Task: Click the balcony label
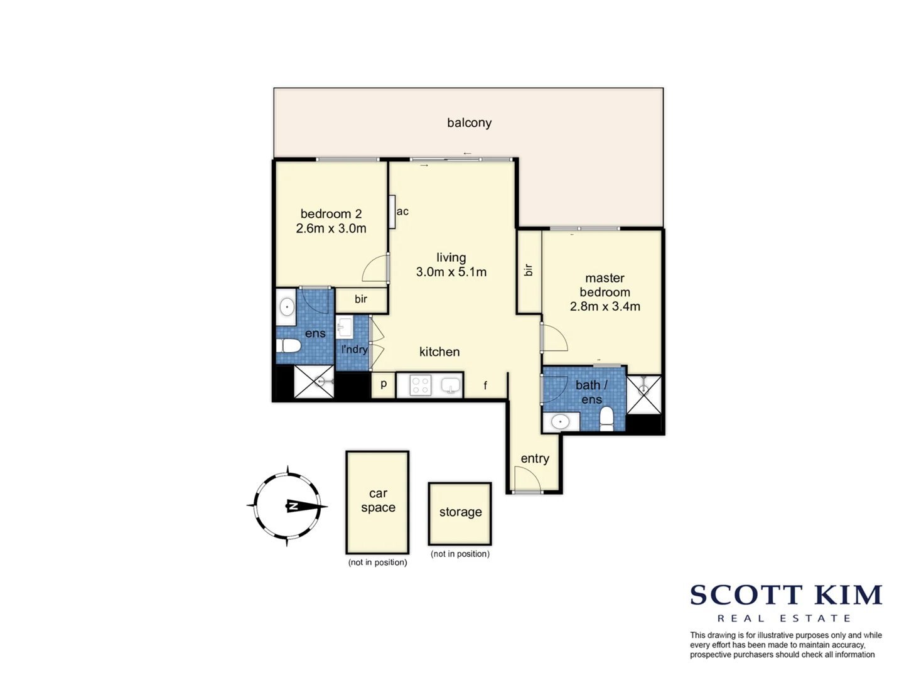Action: pyautogui.click(x=469, y=123)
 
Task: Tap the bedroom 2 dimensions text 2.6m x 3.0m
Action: pyautogui.click(x=331, y=229)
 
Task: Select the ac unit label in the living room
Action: pyautogui.click(x=402, y=212)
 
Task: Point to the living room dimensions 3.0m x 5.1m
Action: pyautogui.click(x=451, y=272)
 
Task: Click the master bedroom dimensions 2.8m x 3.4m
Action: pyautogui.click(x=605, y=306)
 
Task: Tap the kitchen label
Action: pyautogui.click(x=439, y=352)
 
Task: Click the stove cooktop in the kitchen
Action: pyautogui.click(x=420, y=385)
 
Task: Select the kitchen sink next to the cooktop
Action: pyautogui.click(x=450, y=385)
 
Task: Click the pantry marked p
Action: pyautogui.click(x=384, y=384)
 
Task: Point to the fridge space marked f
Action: pyautogui.click(x=485, y=385)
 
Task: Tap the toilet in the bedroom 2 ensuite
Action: pyautogui.click(x=289, y=345)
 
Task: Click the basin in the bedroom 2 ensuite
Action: pyautogui.click(x=287, y=307)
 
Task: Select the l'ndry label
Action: pyautogui.click(x=354, y=349)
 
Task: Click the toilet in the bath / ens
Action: pyautogui.click(x=606, y=417)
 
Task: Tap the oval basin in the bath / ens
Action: pyautogui.click(x=560, y=422)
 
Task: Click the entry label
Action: pyautogui.click(x=535, y=459)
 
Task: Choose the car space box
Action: pyautogui.click(x=378, y=502)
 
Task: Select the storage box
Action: pyautogui.click(x=460, y=513)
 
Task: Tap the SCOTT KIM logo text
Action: pyautogui.click(x=786, y=595)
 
